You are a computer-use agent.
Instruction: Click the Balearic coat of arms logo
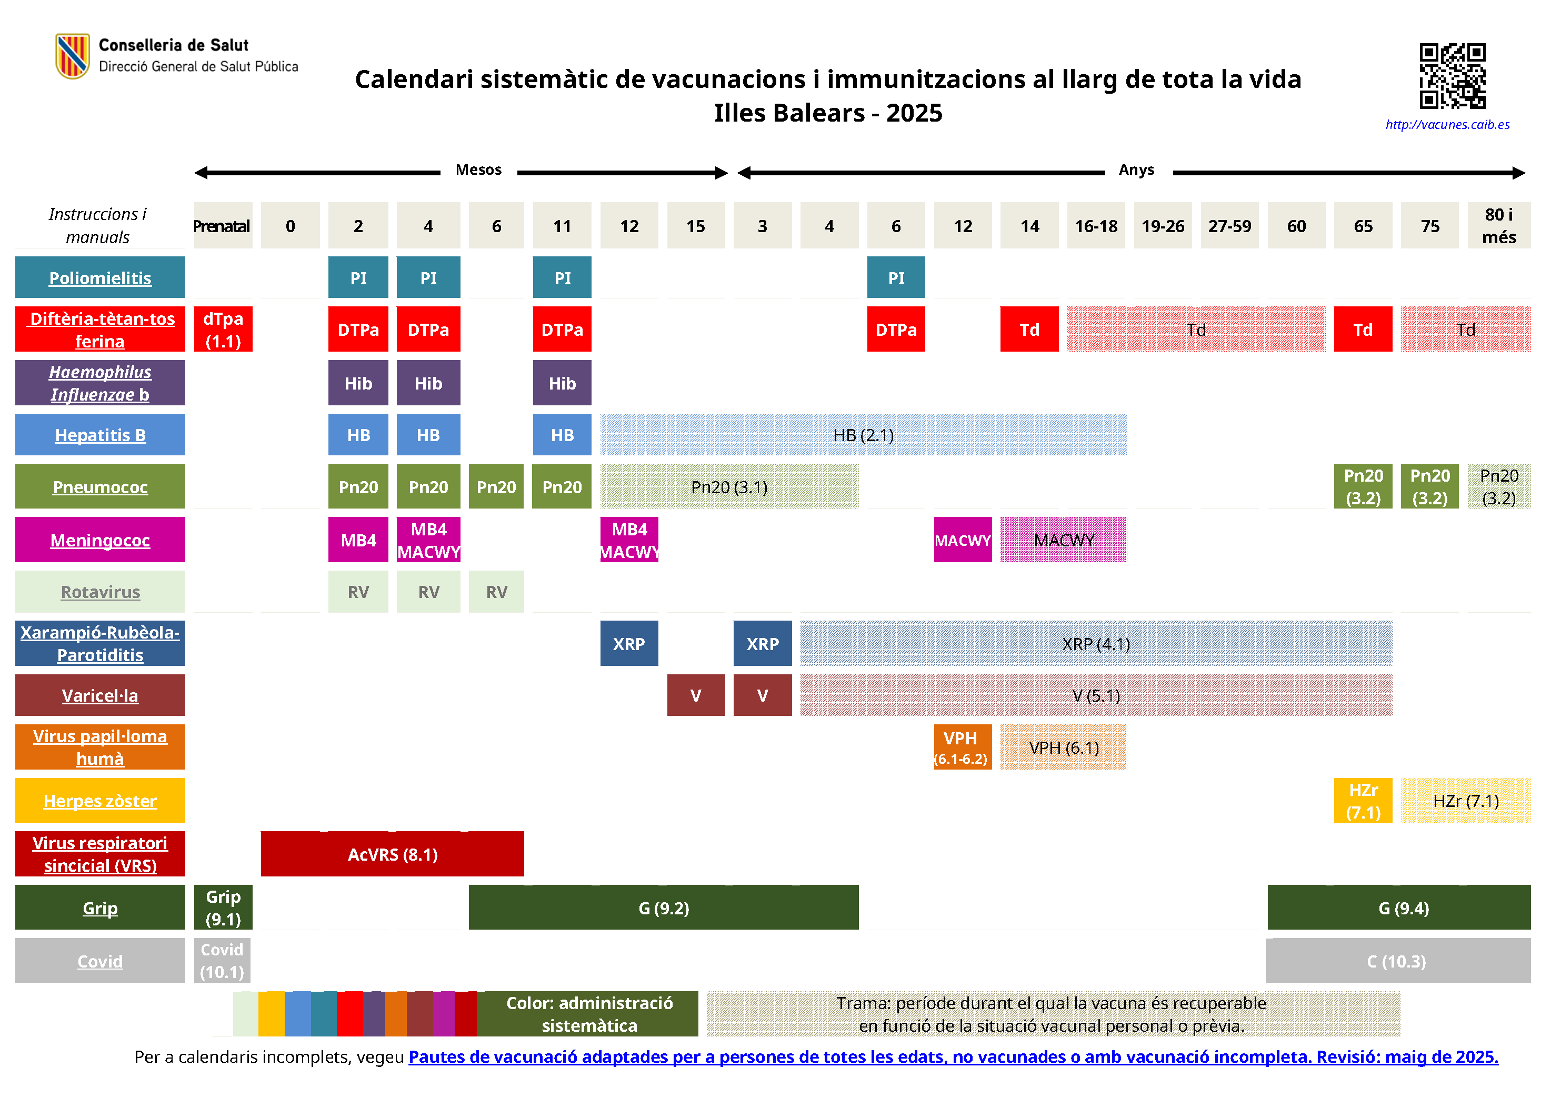(x=72, y=56)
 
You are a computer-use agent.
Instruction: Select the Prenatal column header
(x=222, y=226)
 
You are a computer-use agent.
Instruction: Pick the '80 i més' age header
(x=1498, y=226)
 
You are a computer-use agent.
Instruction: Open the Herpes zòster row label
(x=100, y=801)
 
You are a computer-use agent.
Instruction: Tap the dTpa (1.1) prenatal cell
(x=223, y=330)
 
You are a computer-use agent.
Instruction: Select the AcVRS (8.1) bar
(x=393, y=854)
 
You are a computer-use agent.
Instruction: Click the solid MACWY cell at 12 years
(x=962, y=541)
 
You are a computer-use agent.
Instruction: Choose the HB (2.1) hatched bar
(x=863, y=435)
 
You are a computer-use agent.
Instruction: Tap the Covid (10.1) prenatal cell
(x=222, y=961)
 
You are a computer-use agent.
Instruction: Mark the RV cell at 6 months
(x=496, y=592)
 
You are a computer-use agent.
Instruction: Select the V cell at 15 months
(x=696, y=696)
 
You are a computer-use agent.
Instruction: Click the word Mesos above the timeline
(x=478, y=169)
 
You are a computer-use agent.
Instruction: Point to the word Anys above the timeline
(x=1136, y=169)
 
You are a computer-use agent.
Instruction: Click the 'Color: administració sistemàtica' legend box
(x=588, y=1014)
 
